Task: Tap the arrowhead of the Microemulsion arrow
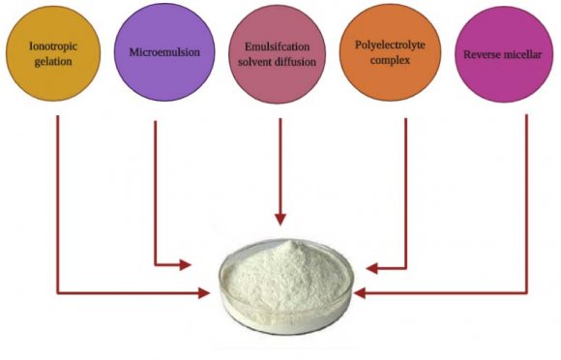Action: click(187, 264)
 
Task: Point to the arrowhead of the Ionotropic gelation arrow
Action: click(204, 290)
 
